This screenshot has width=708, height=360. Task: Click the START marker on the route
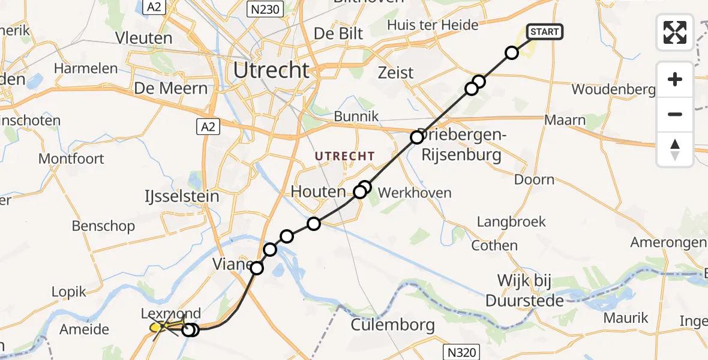pyautogui.click(x=545, y=32)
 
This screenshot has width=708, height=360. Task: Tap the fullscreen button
pyautogui.click(x=675, y=32)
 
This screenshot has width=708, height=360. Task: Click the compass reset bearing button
pyautogui.click(x=675, y=149)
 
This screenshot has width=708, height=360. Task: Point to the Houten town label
pyautogui.click(x=318, y=192)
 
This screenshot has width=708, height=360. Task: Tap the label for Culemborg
pyautogui.click(x=392, y=326)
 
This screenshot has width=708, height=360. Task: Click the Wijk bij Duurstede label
pyautogui.click(x=531, y=290)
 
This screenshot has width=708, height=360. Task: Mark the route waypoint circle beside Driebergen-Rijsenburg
pyautogui.click(x=417, y=137)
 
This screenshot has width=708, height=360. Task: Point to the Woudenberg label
pyautogui.click(x=613, y=90)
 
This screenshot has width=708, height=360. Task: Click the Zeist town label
pyautogui.click(x=396, y=73)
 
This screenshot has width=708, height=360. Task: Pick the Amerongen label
pyautogui.click(x=668, y=242)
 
